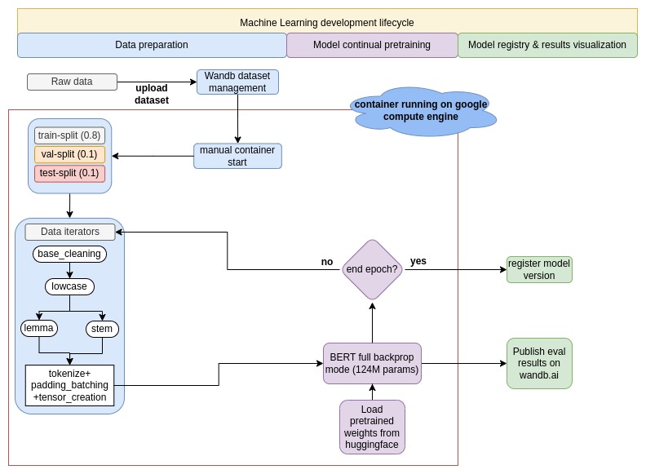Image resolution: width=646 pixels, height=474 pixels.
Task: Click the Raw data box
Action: [x=72, y=82]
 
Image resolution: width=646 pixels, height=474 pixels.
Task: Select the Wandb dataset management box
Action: [x=237, y=82]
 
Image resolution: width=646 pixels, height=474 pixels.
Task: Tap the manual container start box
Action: [x=237, y=156]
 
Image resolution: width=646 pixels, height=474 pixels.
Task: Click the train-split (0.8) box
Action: [x=69, y=135]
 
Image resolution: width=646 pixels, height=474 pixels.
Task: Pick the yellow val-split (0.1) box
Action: [x=69, y=154]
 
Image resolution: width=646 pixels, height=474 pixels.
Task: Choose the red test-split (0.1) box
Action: [x=69, y=173]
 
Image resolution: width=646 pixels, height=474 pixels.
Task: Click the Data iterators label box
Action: [x=69, y=232]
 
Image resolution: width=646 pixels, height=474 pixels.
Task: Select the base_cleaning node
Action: [x=69, y=254]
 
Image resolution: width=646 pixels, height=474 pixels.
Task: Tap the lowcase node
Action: [x=69, y=286]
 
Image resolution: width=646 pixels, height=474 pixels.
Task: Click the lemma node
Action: [x=38, y=328]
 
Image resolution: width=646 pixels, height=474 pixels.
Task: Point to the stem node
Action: [x=102, y=329]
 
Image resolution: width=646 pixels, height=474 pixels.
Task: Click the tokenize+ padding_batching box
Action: [x=69, y=385]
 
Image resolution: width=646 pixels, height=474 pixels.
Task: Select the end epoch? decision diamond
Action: [x=372, y=269]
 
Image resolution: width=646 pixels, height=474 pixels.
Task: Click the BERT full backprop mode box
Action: [x=372, y=363]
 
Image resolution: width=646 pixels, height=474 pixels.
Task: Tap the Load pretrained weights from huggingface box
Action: [x=372, y=426]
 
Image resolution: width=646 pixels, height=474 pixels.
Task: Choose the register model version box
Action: [x=539, y=269]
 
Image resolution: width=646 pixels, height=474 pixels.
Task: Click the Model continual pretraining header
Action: [x=371, y=45]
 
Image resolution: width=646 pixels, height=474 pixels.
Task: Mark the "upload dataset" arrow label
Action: [x=152, y=94]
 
